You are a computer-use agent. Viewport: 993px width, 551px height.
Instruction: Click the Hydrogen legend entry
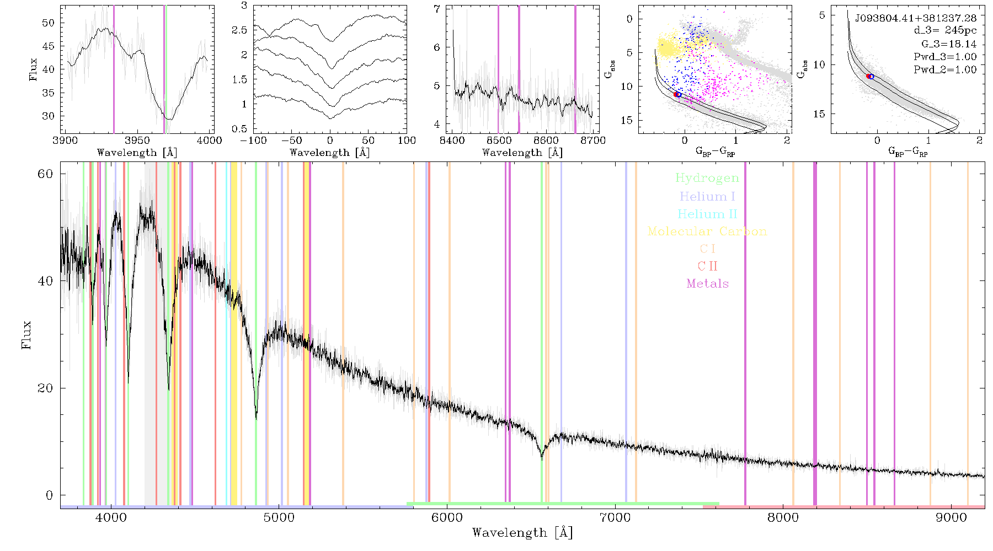pyautogui.click(x=707, y=179)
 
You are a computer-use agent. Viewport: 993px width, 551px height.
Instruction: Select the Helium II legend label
pyautogui.click(x=707, y=214)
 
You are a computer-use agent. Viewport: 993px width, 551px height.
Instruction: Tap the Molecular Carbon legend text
pyautogui.click(x=707, y=231)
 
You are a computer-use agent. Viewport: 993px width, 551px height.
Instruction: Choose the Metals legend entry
pyautogui.click(x=708, y=284)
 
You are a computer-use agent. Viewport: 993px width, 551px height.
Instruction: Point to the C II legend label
pyautogui.click(x=708, y=266)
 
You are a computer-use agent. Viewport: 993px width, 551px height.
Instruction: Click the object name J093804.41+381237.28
pyautogui.click(x=916, y=18)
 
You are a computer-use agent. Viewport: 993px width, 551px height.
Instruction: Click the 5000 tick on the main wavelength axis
pyautogui.click(x=279, y=517)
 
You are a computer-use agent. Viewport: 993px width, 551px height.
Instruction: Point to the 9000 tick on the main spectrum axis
pyautogui.click(x=951, y=517)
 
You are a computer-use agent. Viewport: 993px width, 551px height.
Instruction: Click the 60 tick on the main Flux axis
pyautogui.click(x=45, y=174)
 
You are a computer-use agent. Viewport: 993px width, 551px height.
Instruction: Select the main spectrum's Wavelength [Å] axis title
pyautogui.click(x=522, y=532)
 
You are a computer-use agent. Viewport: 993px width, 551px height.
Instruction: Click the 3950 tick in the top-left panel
pyautogui.click(x=137, y=140)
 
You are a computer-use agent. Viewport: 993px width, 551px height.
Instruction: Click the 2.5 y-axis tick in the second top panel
pyautogui.click(x=239, y=30)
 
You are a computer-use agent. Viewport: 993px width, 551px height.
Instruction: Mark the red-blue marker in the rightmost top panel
pyautogui.click(x=870, y=76)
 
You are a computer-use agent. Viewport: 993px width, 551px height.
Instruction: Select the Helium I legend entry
pyautogui.click(x=707, y=196)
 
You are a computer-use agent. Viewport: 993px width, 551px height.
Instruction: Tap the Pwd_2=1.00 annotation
pyautogui.click(x=945, y=70)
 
